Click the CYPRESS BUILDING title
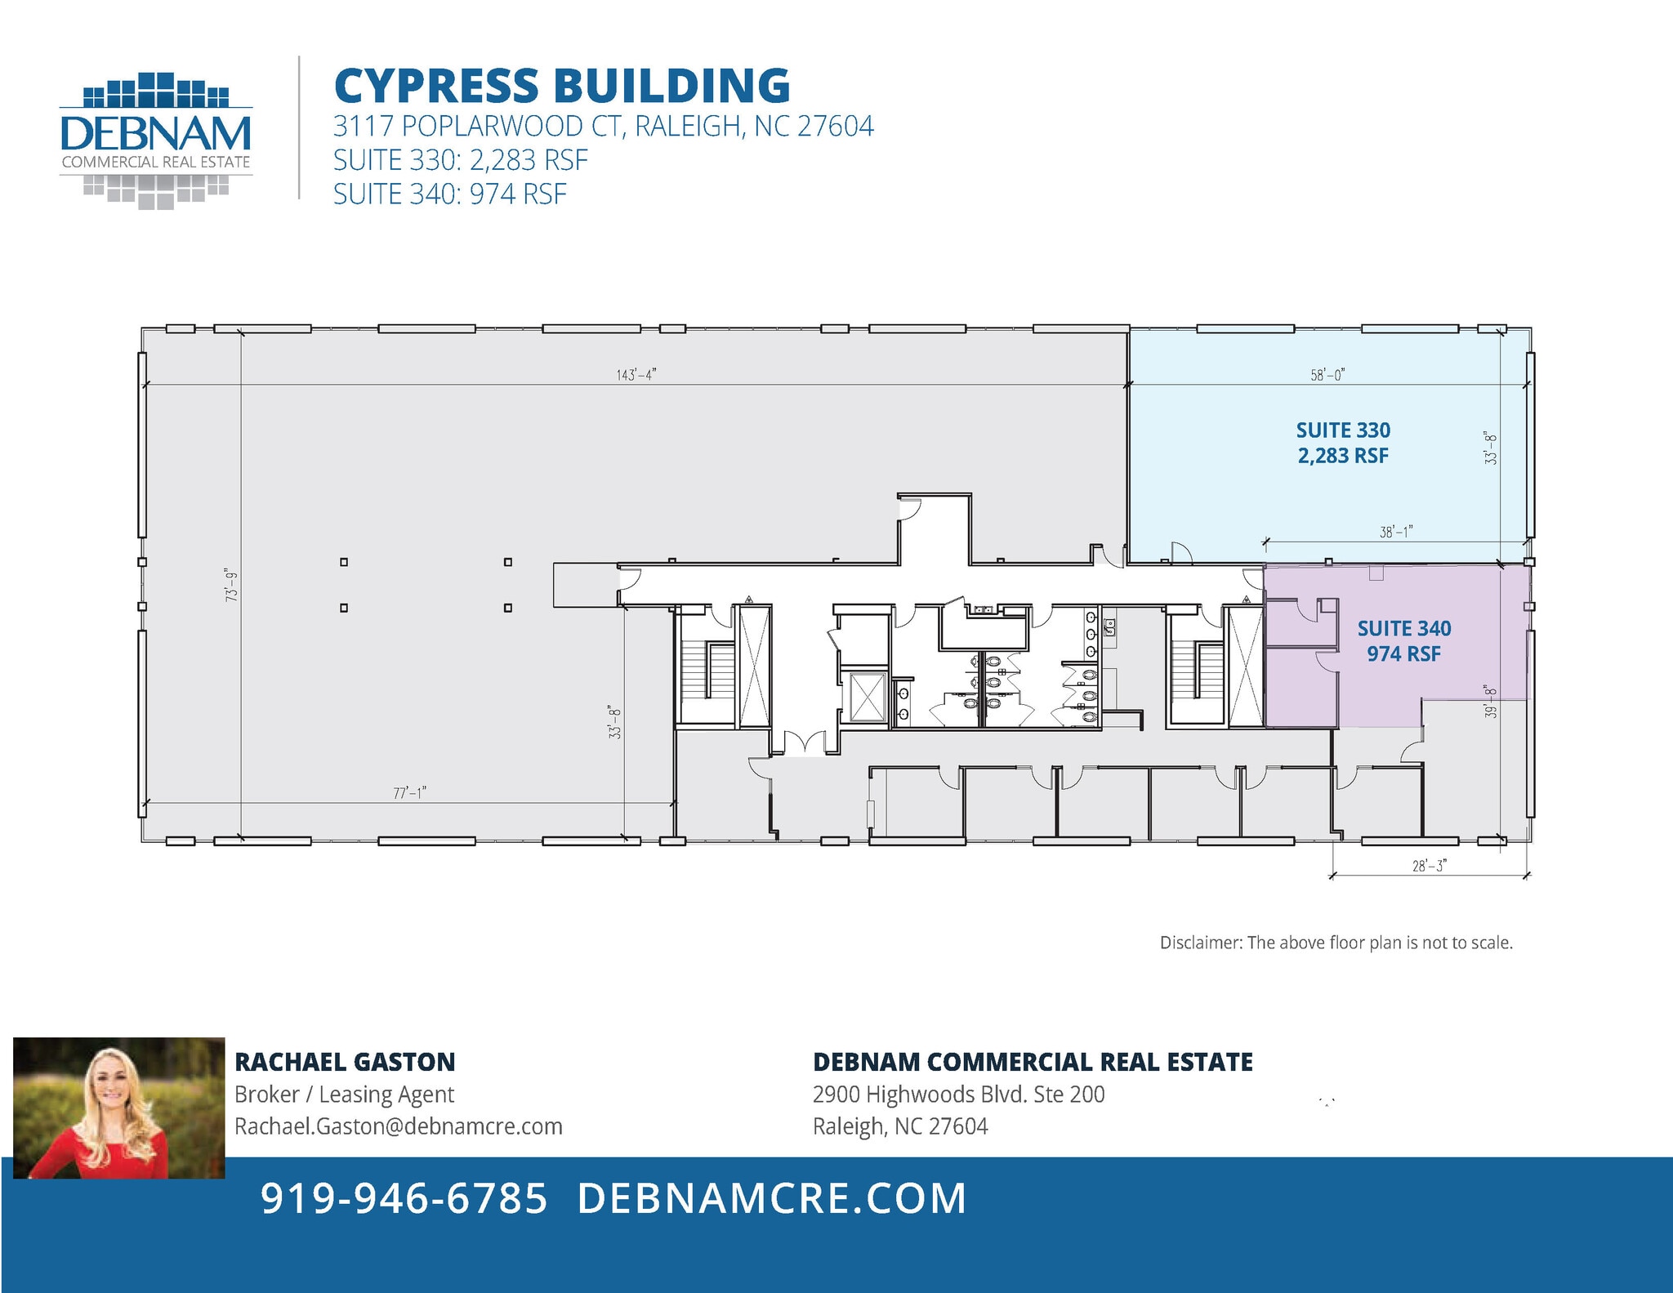pos(562,86)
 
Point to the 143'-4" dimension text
pos(636,375)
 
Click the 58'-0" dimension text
pos(1327,375)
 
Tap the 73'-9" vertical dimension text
pos(233,585)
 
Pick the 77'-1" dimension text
pos(410,793)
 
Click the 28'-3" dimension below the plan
pos(1429,866)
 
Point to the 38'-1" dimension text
pos(1396,532)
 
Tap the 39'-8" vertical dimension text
pos(1491,701)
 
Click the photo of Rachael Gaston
pos(118,1108)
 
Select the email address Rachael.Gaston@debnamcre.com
pos(399,1126)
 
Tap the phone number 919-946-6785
pos(404,1198)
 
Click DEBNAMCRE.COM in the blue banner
pos(772,1198)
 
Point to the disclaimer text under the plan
pos(1336,943)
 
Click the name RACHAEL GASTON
pos(345,1062)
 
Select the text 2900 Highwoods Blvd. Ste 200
pos(958,1095)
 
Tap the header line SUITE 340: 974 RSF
pos(450,194)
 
